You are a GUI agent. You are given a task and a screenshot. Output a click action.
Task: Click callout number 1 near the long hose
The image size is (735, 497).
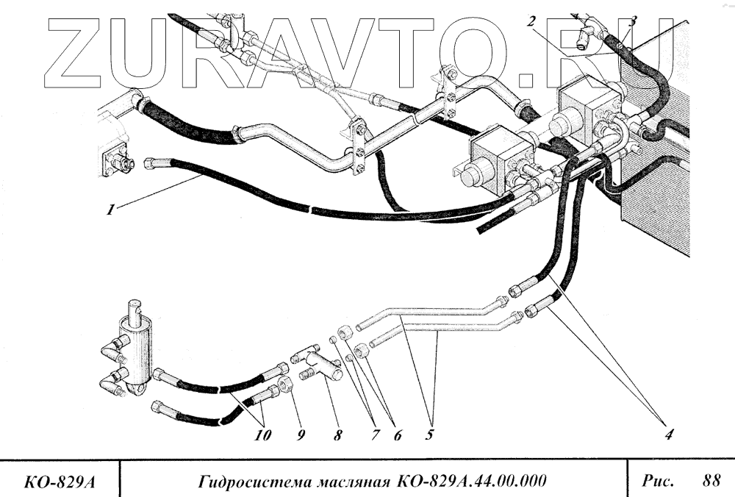(x=110, y=210)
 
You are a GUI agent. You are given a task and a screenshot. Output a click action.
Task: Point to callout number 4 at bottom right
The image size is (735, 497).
(x=669, y=434)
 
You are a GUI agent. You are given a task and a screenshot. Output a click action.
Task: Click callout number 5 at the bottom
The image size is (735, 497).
(x=428, y=435)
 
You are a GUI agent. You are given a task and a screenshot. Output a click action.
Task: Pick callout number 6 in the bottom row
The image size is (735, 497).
(x=397, y=435)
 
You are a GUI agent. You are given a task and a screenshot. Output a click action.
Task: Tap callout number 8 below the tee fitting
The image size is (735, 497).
(x=337, y=435)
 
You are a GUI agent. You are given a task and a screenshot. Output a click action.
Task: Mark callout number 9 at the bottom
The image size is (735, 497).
(x=301, y=435)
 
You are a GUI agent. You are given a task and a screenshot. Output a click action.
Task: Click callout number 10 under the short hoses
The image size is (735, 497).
(x=263, y=435)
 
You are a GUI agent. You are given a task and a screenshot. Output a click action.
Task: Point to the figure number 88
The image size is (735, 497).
(x=711, y=482)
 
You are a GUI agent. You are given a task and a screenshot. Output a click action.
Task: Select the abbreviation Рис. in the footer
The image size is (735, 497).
(x=658, y=482)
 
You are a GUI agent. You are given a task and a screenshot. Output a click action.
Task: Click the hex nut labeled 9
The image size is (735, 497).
(x=288, y=385)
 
